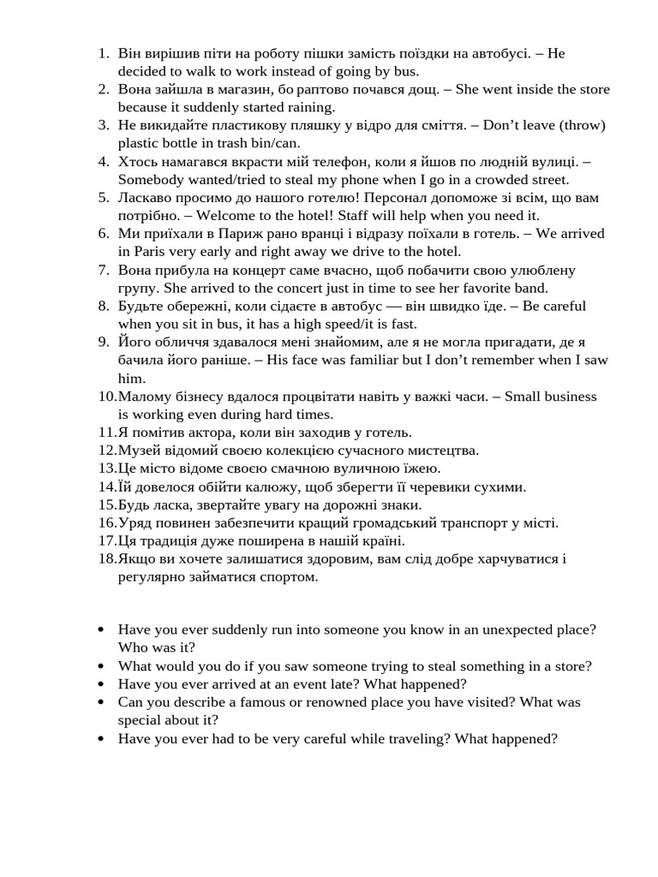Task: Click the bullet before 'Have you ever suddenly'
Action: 102,629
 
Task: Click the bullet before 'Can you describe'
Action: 102,701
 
